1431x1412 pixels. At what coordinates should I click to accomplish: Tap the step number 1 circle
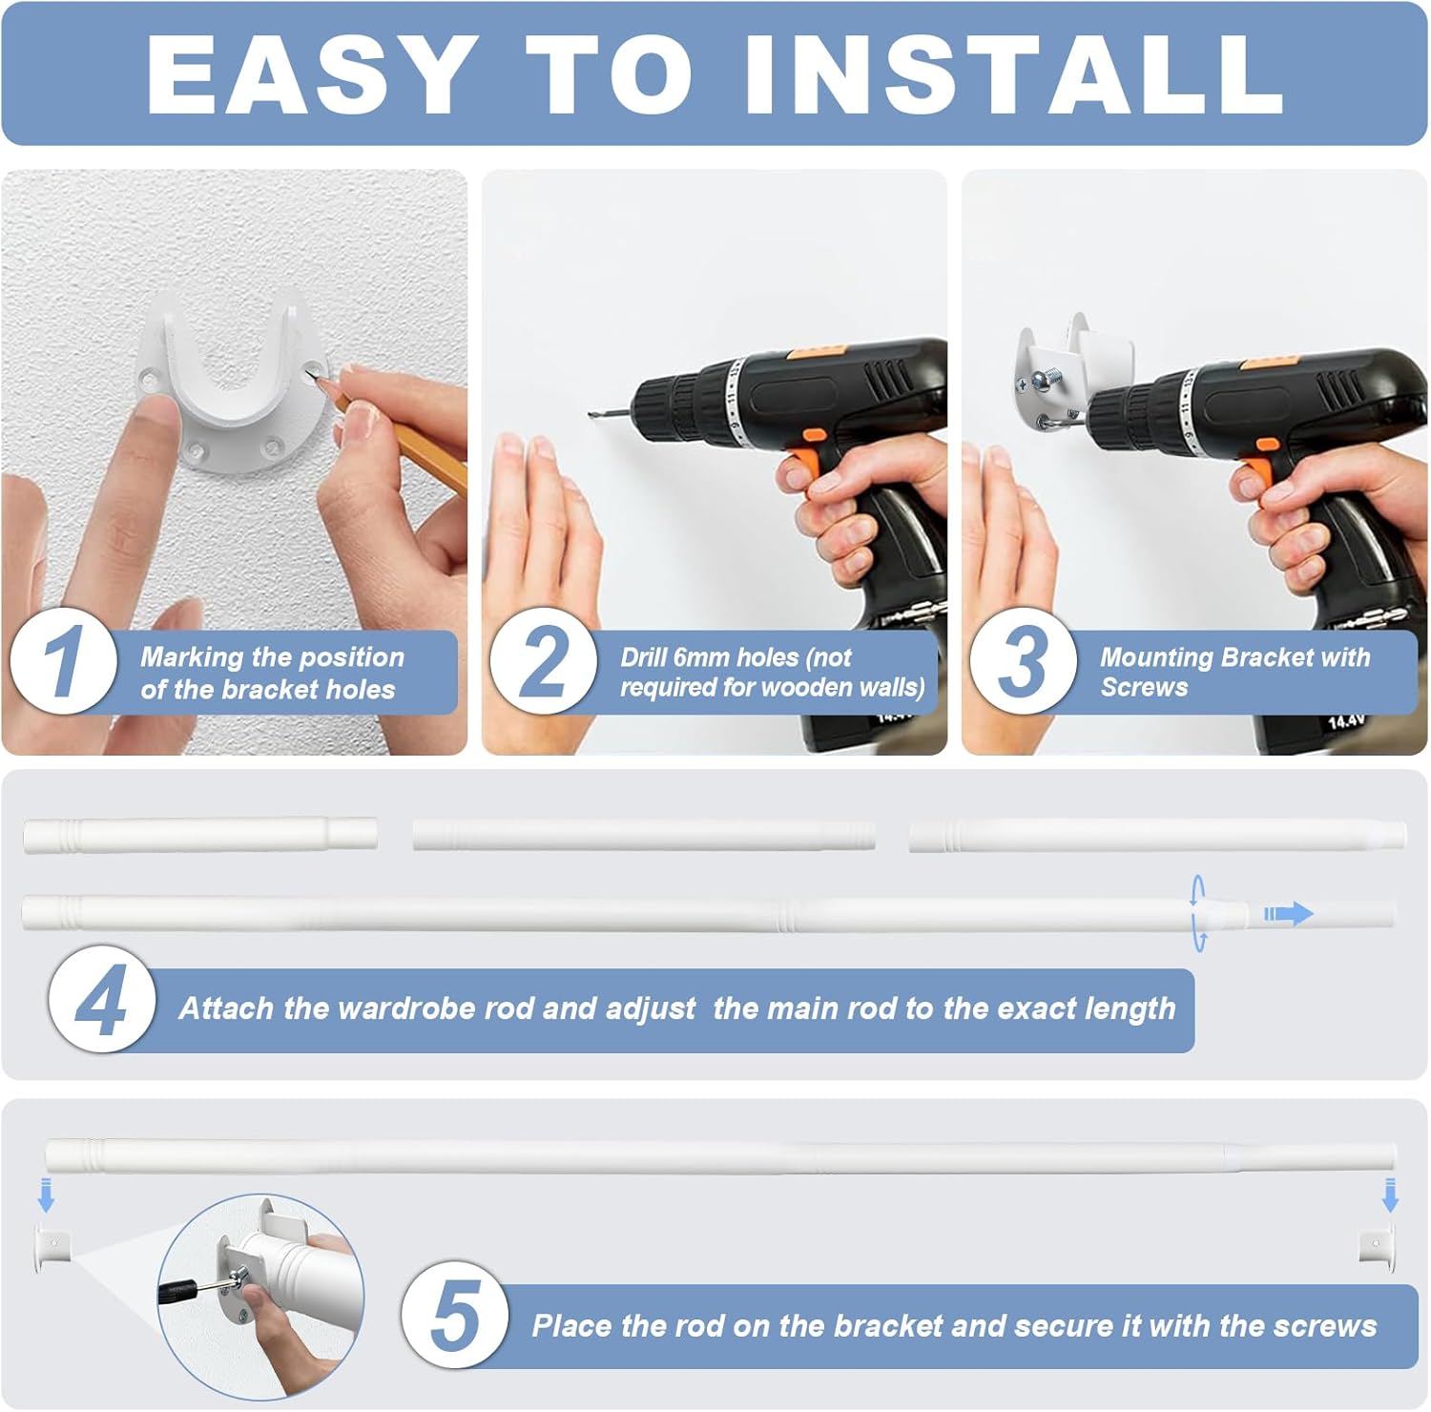63,661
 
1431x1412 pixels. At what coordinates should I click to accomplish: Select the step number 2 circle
543,661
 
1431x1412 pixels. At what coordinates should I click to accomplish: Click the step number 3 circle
1023,661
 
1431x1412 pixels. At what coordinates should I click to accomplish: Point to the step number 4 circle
101,1000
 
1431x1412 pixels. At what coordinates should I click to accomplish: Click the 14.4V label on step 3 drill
1345,722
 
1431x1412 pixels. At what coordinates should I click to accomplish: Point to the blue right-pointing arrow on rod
1289,914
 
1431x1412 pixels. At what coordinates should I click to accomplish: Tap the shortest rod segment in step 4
199,835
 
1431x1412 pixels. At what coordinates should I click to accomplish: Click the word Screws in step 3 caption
1144,688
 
